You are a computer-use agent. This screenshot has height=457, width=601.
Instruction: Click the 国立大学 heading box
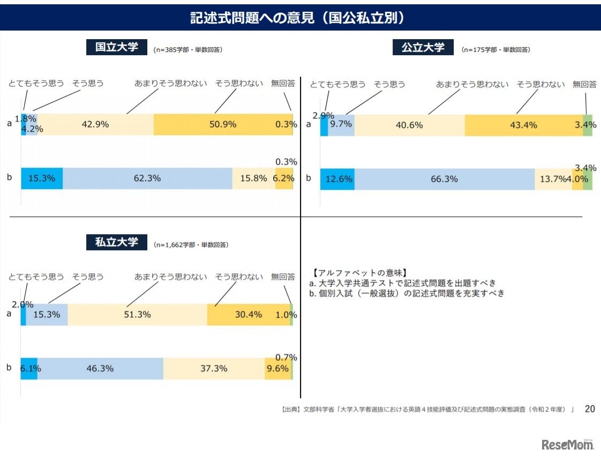click(117, 47)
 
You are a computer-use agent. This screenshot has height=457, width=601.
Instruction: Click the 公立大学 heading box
click(423, 47)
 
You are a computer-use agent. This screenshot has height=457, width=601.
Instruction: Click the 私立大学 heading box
click(117, 242)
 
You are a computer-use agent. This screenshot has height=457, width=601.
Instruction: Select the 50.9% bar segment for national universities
click(223, 124)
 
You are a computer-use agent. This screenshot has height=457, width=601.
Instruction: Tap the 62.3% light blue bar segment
click(147, 178)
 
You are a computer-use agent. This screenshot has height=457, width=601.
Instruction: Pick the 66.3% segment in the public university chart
click(444, 179)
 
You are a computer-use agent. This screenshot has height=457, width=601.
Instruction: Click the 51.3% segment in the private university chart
click(137, 314)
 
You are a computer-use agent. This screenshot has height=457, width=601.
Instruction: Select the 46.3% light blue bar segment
click(100, 369)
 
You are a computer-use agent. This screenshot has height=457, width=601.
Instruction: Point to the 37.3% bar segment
click(214, 369)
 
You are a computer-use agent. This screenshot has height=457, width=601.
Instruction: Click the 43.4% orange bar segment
click(523, 125)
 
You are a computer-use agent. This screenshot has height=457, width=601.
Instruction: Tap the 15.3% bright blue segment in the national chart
click(42, 178)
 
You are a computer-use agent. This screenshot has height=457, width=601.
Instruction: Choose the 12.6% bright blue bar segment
click(337, 179)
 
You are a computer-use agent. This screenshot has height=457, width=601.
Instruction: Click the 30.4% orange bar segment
click(248, 314)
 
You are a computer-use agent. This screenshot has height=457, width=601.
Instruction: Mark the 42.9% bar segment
click(95, 124)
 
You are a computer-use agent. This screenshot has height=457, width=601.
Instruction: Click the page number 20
click(589, 409)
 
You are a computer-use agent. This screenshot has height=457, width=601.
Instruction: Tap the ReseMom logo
click(568, 444)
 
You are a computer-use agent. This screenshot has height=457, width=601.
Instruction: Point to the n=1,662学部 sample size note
click(191, 245)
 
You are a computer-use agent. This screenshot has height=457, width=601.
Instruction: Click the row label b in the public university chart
click(308, 178)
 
